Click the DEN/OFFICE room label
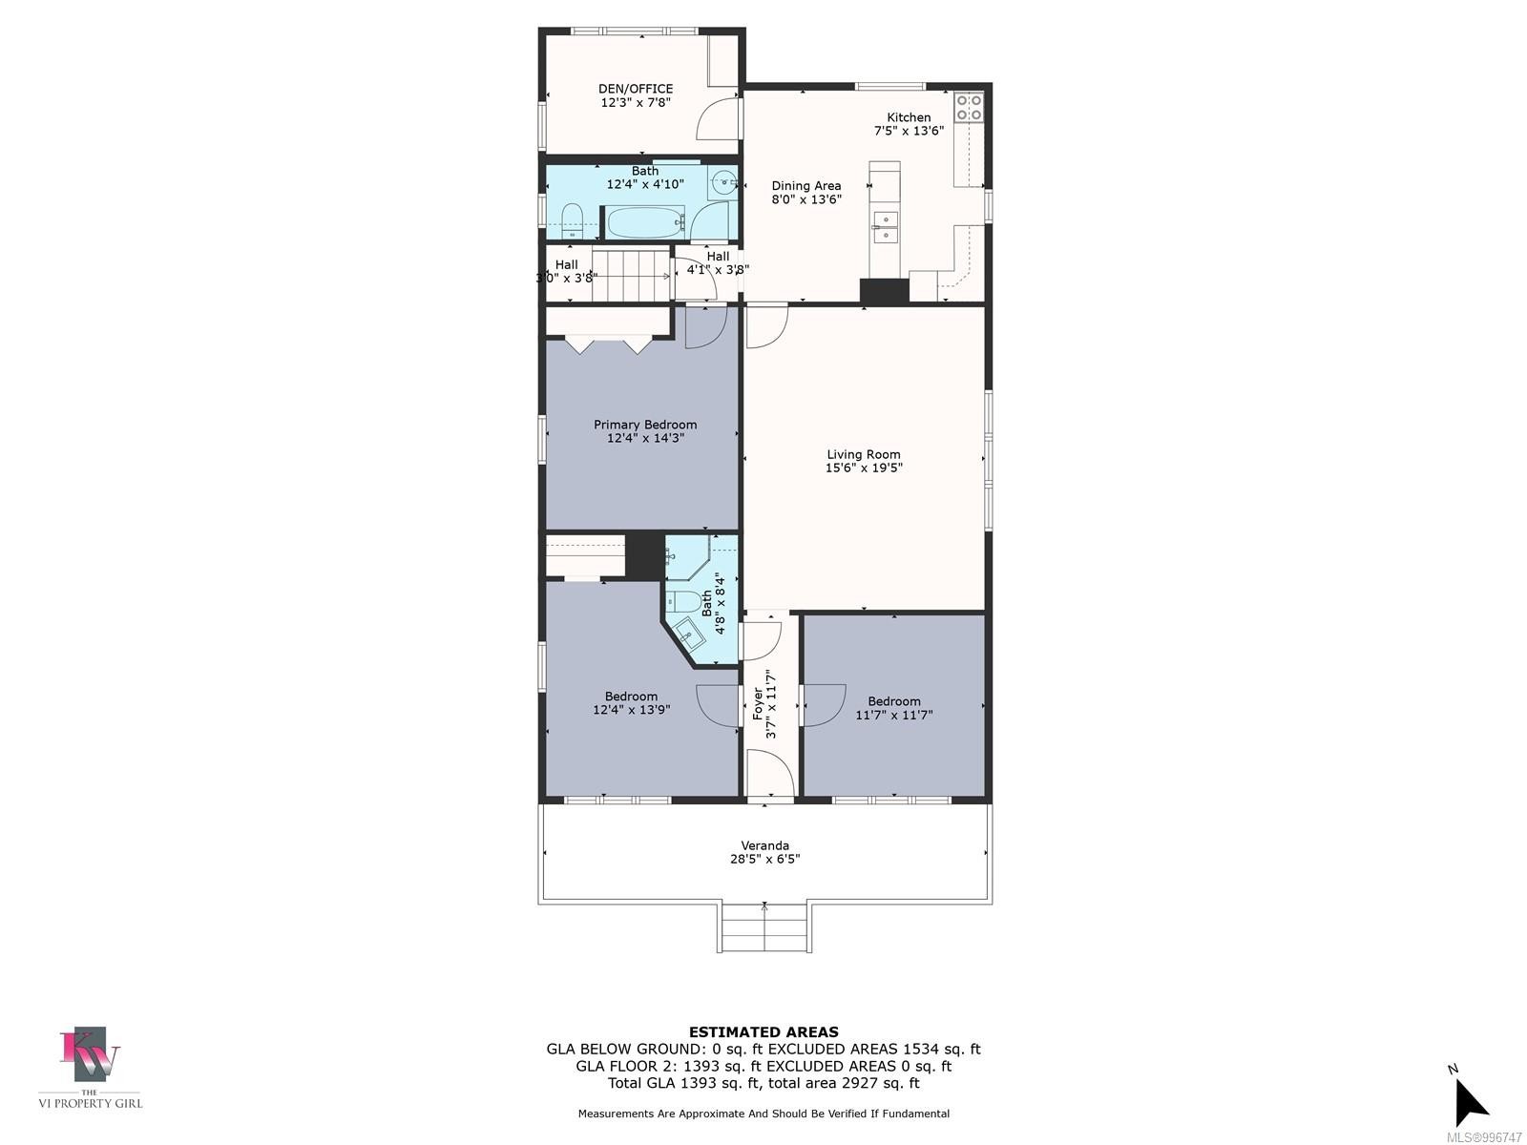(x=636, y=89)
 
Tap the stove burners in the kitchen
(x=969, y=107)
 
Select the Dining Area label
(x=806, y=186)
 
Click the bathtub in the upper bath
(x=645, y=223)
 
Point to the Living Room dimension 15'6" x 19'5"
(x=864, y=468)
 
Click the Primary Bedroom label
(x=645, y=425)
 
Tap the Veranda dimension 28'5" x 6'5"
(x=764, y=859)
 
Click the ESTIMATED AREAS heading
(x=763, y=1031)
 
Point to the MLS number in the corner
(x=1484, y=1137)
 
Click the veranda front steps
(x=764, y=926)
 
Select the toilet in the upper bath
(x=572, y=219)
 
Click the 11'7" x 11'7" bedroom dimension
(x=894, y=715)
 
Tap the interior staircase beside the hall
(x=630, y=275)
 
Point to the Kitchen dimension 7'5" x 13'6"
(x=909, y=131)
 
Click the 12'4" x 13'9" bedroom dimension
(x=631, y=710)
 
